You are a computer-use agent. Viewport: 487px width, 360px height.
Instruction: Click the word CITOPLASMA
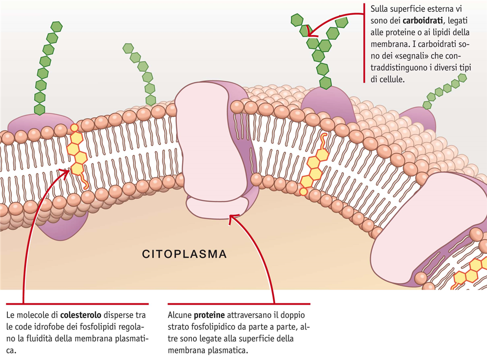point(184,254)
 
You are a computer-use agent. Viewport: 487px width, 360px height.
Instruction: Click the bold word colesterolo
point(81,315)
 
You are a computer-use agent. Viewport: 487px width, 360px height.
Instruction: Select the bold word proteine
point(209,315)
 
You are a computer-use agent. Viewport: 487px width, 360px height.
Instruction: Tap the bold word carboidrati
point(423,21)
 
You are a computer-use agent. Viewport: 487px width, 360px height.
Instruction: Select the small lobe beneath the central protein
point(218,208)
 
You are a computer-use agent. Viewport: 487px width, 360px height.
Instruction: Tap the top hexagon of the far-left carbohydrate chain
point(57,27)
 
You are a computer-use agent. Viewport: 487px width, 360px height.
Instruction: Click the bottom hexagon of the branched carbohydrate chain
point(325,83)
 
